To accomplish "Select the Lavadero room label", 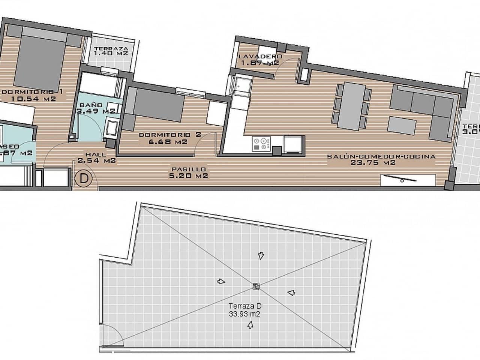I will (260, 57).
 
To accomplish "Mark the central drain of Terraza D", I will (256, 286).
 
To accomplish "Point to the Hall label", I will (95, 154).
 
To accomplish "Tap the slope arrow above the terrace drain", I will (260, 256).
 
